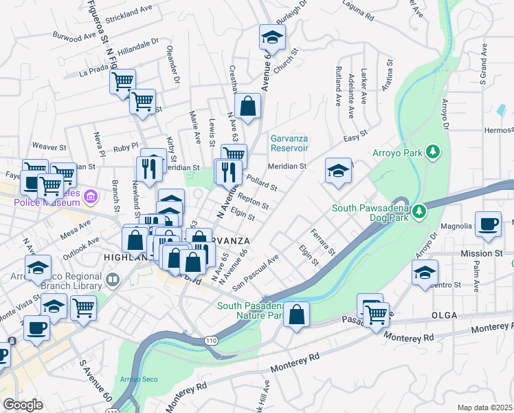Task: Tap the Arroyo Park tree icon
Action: pyautogui.click(x=433, y=151)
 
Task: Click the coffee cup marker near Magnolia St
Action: pyautogui.click(x=488, y=225)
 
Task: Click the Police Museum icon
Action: pyautogui.click(x=89, y=198)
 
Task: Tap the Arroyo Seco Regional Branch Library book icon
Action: pyautogui.click(x=112, y=280)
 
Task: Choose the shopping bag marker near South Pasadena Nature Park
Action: pyautogui.click(x=296, y=315)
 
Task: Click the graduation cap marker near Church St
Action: pyautogui.click(x=272, y=38)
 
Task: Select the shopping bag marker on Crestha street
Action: pyautogui.click(x=247, y=107)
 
